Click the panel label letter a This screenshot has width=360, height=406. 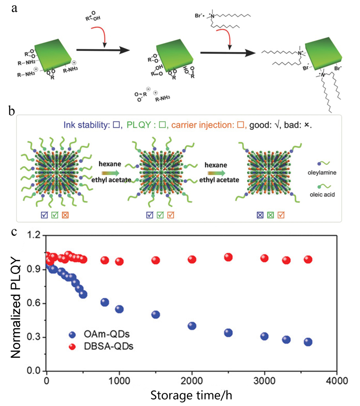click(x=15, y=9)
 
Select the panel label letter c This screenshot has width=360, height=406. click(x=14, y=232)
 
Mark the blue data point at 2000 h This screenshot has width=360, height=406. click(x=192, y=326)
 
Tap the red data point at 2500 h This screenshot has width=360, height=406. click(x=228, y=257)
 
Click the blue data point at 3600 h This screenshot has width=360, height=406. click(x=308, y=342)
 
